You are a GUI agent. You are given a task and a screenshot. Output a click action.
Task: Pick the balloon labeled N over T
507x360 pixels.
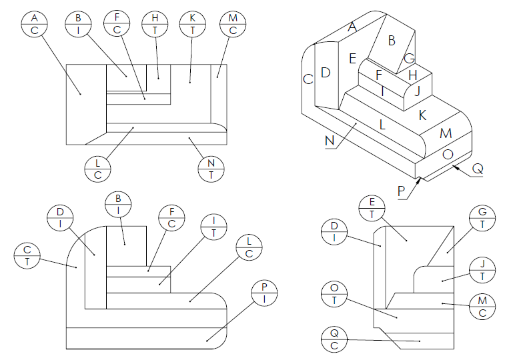(211, 168)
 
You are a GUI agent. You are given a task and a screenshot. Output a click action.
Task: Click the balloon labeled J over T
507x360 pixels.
(482, 268)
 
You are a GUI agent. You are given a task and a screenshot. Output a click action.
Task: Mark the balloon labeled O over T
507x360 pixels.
(334, 295)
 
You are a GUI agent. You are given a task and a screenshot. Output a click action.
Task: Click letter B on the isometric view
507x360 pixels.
(392, 41)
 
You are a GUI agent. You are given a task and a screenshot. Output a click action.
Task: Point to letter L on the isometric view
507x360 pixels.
(382, 124)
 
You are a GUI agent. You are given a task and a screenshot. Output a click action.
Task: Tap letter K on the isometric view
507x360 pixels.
(422, 115)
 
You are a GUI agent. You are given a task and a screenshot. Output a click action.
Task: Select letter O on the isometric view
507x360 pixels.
(448, 155)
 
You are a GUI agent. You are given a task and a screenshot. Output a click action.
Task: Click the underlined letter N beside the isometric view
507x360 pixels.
(330, 141)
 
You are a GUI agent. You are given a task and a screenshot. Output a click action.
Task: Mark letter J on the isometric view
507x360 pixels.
(418, 91)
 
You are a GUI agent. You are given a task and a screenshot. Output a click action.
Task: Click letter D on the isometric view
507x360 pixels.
(326, 73)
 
